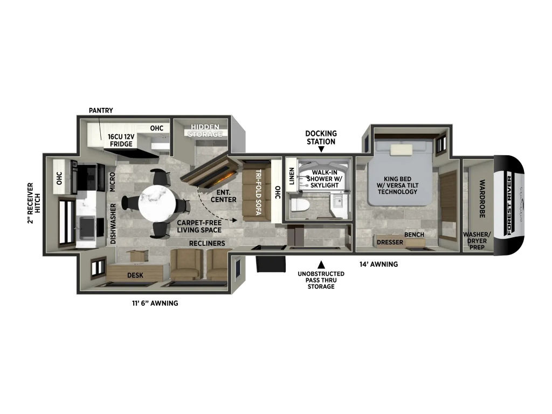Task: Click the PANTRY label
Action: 101,111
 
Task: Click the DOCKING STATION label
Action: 321,137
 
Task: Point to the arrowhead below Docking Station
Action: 321,150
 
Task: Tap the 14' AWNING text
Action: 378,264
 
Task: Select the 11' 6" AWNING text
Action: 155,303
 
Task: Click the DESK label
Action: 135,275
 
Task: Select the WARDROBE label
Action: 482,198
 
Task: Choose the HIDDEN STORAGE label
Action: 205,130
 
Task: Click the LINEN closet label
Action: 292,176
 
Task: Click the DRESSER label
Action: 390,242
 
